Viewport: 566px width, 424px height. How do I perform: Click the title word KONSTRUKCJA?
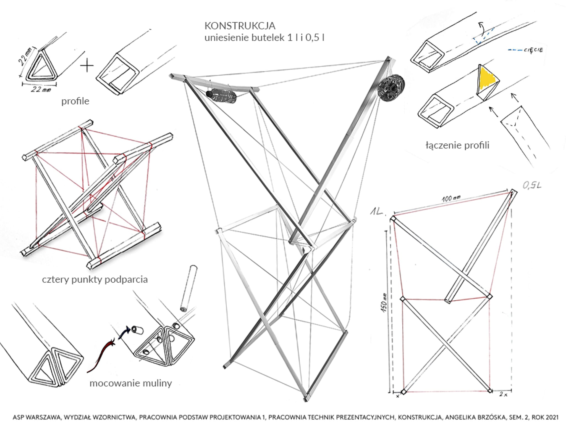click(240, 26)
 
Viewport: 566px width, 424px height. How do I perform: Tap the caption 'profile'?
click(75, 101)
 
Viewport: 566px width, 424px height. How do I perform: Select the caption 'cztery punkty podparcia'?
click(95, 279)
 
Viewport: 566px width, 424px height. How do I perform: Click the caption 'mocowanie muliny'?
click(130, 383)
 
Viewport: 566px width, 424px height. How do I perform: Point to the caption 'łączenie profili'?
click(457, 145)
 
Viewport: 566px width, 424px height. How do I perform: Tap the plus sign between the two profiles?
click(87, 66)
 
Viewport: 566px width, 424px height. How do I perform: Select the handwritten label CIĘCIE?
click(533, 50)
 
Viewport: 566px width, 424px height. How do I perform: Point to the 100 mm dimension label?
click(451, 198)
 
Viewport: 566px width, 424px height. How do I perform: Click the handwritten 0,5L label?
click(531, 185)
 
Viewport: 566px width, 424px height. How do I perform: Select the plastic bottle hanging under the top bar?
click(221, 96)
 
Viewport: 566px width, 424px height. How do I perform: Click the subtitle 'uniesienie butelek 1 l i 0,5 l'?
click(264, 37)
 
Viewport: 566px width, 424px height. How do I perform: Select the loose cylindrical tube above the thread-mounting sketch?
click(189, 288)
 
